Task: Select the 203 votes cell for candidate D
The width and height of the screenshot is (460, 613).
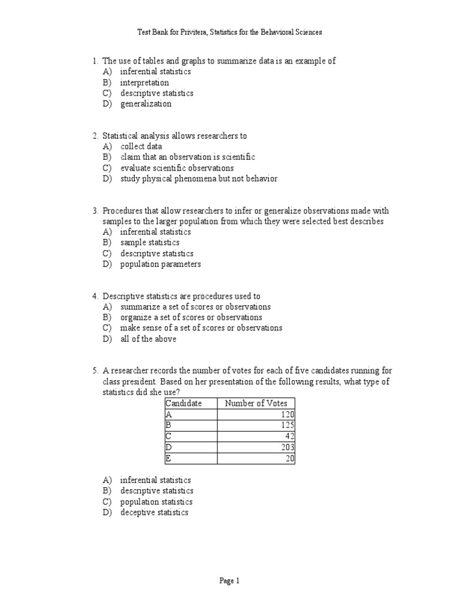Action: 256,447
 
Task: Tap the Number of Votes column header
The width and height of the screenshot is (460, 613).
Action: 256,403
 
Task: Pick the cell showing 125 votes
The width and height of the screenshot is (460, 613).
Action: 256,425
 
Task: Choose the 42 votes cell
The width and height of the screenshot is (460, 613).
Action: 256,436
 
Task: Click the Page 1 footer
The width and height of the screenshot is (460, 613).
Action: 229,581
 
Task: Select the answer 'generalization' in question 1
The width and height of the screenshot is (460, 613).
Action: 146,104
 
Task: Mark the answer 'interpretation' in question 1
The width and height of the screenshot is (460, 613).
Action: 144,83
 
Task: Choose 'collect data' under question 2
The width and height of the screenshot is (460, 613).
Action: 141,146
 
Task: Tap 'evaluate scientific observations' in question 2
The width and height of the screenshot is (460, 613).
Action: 177,168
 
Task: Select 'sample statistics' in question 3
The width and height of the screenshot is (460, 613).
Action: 150,242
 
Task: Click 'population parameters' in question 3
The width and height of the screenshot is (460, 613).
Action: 161,264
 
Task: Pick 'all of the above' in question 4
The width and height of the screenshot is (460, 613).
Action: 148,339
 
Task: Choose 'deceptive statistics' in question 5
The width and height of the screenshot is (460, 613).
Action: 154,512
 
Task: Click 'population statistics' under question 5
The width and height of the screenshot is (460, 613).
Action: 156,502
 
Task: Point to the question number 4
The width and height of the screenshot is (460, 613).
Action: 95,296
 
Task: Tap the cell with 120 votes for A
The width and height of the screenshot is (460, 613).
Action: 256,414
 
